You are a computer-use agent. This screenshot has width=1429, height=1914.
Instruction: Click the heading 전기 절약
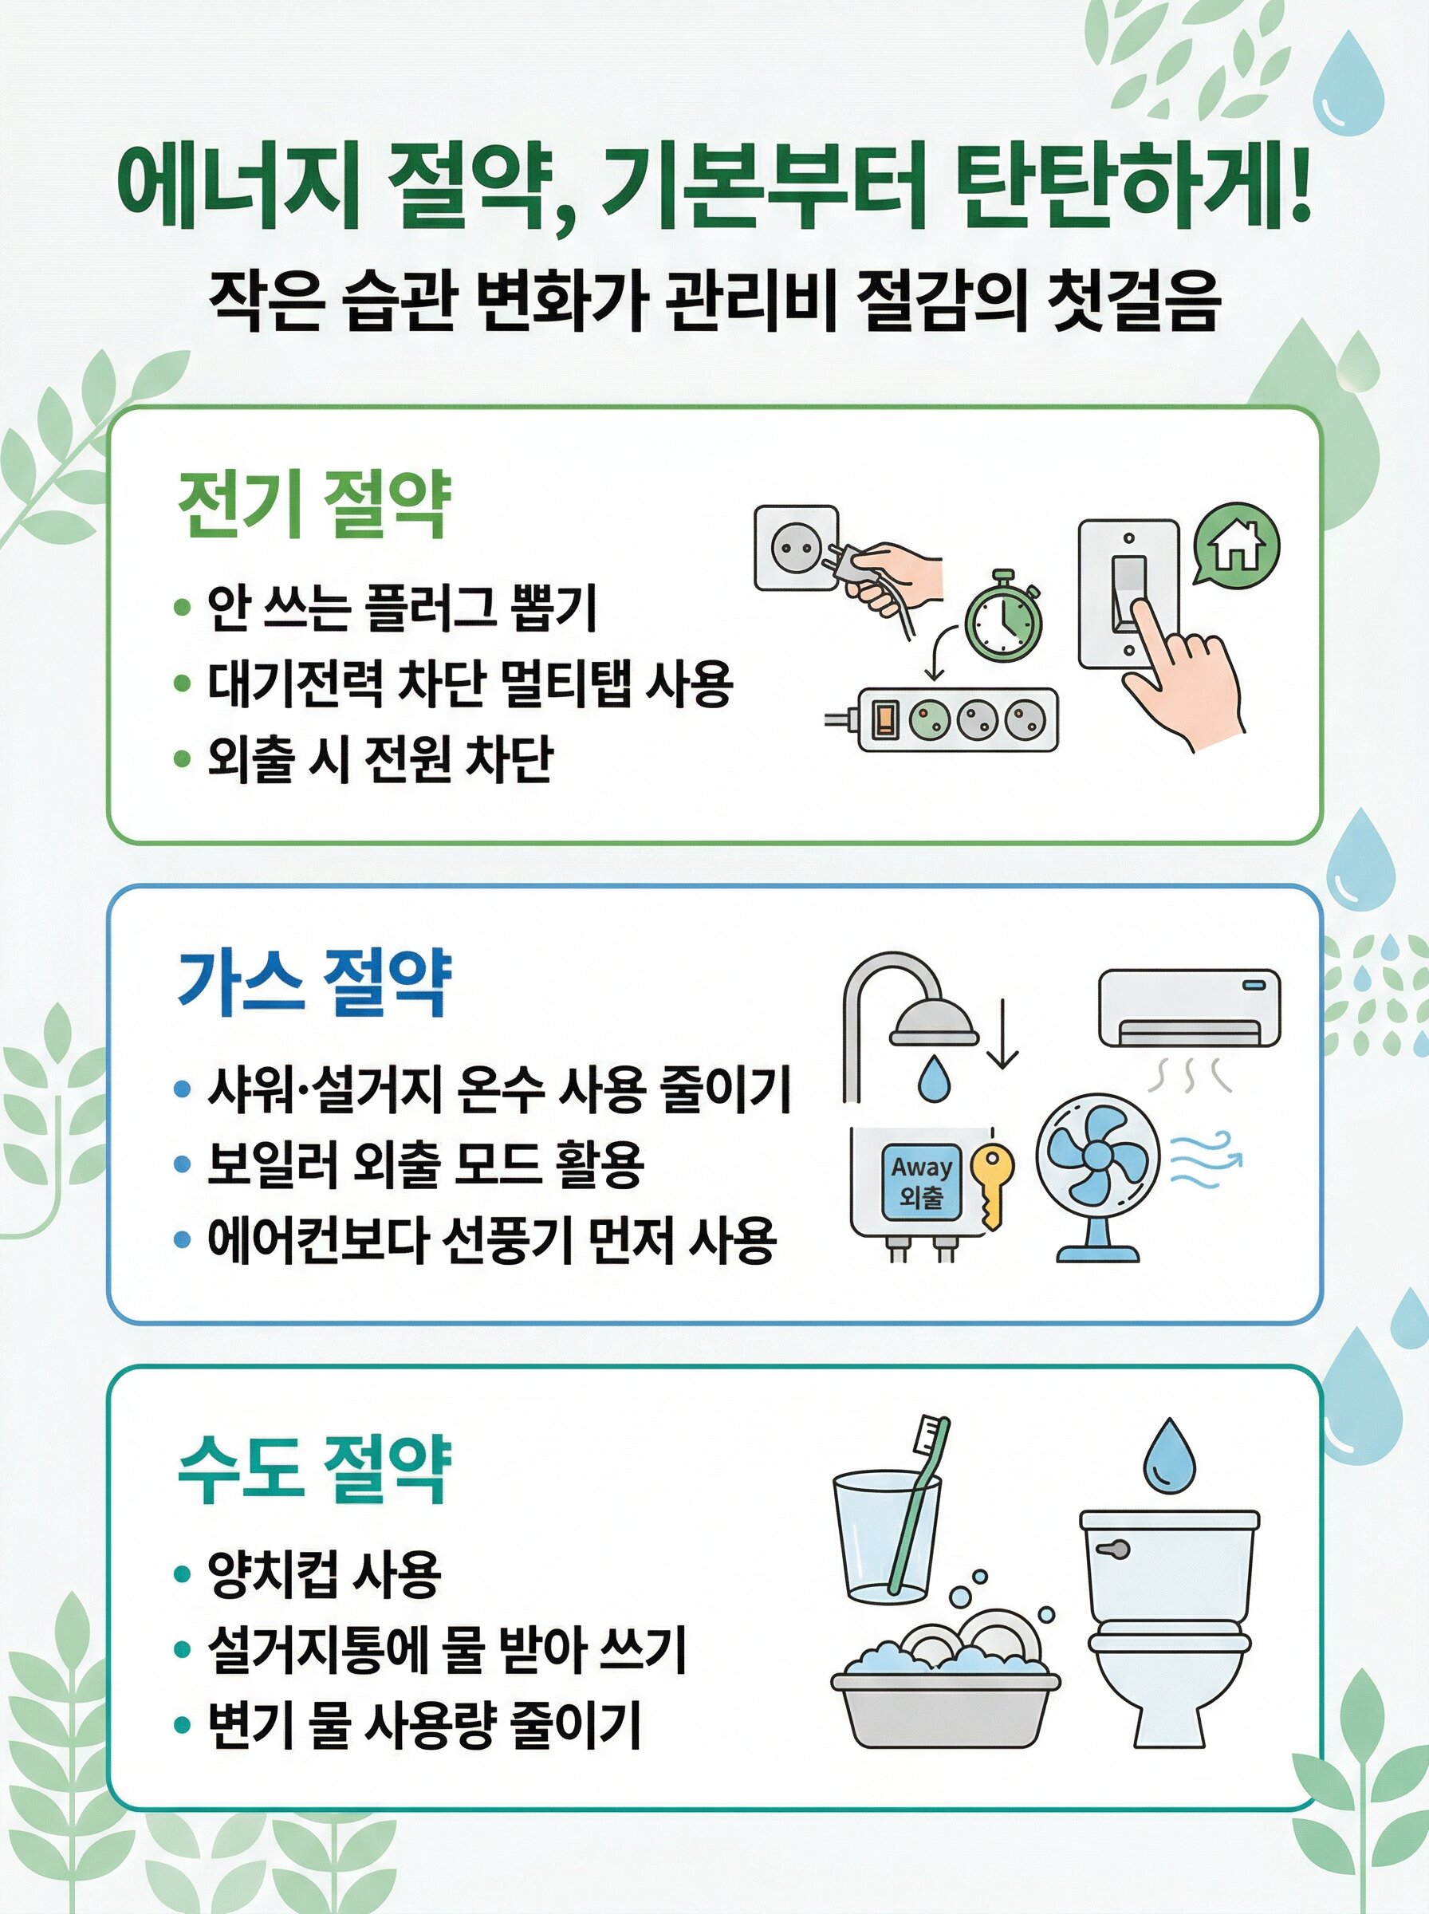click(314, 505)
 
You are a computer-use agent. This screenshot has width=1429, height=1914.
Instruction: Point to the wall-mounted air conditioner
click(1188, 1009)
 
